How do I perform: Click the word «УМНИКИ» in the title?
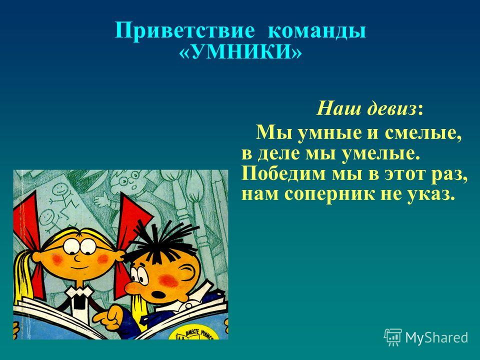(240, 52)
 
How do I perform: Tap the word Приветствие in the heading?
(185, 30)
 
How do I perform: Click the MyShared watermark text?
(436, 337)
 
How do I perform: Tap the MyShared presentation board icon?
(393, 337)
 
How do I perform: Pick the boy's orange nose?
(134, 287)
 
